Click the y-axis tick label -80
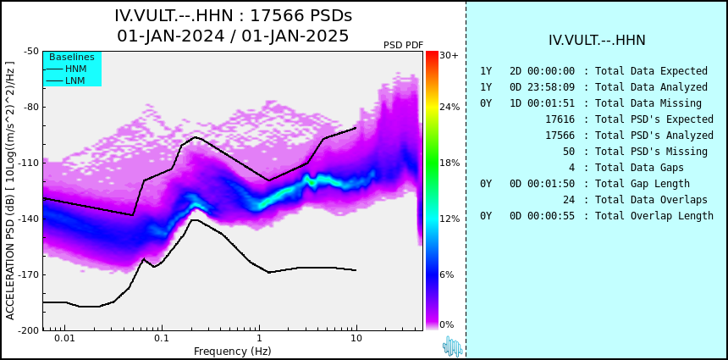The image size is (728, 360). (x=30, y=108)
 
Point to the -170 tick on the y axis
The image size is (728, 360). (x=28, y=274)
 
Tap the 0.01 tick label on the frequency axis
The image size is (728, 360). (x=65, y=338)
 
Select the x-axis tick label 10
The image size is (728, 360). (x=356, y=338)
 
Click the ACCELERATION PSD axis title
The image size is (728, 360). (x=10, y=191)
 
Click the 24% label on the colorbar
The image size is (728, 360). (x=449, y=108)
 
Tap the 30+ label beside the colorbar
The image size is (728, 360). (x=449, y=55)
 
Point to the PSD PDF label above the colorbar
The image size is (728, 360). (x=404, y=45)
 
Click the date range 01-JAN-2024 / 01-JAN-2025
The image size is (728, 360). (x=233, y=36)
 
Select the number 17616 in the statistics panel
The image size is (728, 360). (x=560, y=119)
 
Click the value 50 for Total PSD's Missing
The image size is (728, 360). (x=569, y=152)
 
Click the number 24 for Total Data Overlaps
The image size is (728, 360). (x=569, y=200)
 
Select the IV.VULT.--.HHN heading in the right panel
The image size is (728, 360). (x=597, y=41)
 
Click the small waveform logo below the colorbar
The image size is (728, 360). (x=453, y=346)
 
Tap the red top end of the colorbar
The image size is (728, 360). (x=432, y=54)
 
